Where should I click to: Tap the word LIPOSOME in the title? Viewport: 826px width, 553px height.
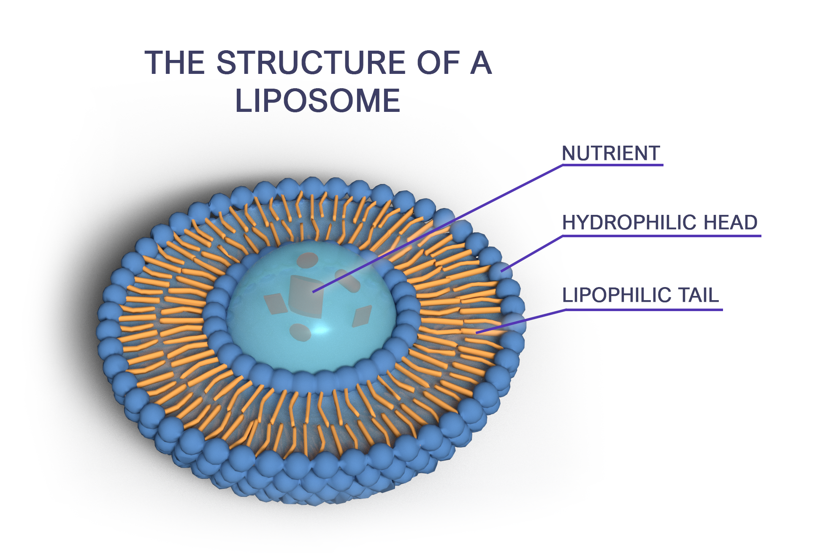coord(317,101)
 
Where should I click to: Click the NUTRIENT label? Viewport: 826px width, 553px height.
coord(611,153)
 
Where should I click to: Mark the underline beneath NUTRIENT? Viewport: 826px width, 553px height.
coord(612,165)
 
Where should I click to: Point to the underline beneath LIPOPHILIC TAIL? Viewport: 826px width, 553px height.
coord(644,310)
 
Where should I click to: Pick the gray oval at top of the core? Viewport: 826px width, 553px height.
coord(308,260)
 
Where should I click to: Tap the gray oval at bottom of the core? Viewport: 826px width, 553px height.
coord(300,333)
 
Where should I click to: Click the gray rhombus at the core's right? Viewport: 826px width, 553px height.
coord(362,316)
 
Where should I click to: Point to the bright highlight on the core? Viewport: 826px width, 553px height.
coord(322,329)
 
